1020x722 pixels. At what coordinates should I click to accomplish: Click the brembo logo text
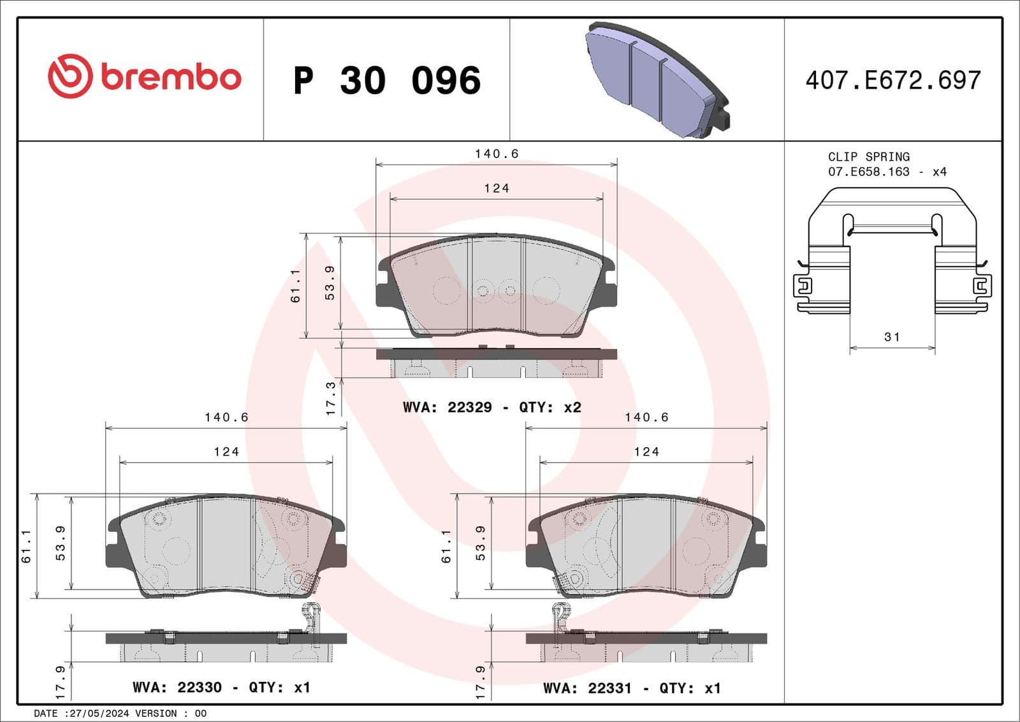coord(170,78)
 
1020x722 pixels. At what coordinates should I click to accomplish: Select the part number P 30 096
coord(386,80)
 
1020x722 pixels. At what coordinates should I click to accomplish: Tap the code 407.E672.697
coord(892,80)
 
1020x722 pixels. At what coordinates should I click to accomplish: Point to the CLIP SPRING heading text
coord(868,156)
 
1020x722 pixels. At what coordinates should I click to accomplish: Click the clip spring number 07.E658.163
coord(868,172)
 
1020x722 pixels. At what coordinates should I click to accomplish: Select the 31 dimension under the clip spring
coord(892,337)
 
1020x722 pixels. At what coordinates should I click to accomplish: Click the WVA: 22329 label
coord(447,407)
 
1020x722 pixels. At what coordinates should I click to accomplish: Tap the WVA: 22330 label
coord(177,687)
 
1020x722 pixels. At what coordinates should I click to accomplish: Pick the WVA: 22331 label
coord(587,688)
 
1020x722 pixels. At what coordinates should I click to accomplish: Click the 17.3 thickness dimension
coord(330,399)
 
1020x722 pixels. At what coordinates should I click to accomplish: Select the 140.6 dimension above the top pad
coord(496,154)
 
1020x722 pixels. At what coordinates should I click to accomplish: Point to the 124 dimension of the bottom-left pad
coord(226,452)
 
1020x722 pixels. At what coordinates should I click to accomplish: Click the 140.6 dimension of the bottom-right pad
coord(646,417)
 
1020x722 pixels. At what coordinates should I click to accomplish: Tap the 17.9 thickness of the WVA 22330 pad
coord(61,681)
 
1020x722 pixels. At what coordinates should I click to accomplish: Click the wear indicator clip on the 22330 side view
coord(311,621)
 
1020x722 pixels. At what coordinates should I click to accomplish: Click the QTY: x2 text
coord(550,407)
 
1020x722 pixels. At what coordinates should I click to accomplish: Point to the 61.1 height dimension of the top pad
coord(295,286)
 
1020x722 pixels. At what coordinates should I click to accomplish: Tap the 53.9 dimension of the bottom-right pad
coord(480,543)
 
